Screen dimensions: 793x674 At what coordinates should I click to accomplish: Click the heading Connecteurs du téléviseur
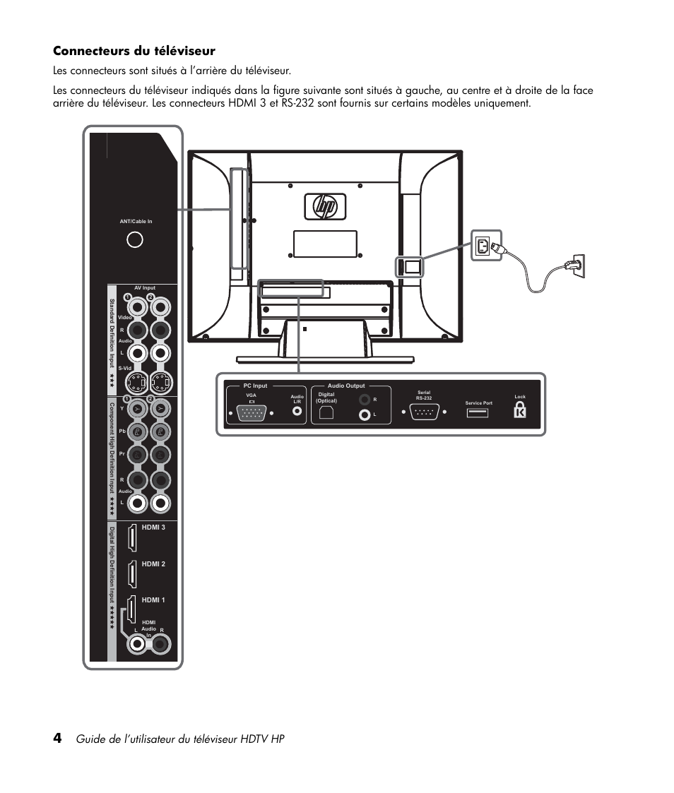tap(134, 51)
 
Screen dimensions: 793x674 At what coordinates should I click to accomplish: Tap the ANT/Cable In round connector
tap(135, 239)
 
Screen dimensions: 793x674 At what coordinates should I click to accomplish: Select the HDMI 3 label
tap(153, 527)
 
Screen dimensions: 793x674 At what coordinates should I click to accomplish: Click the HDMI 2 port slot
tap(131, 574)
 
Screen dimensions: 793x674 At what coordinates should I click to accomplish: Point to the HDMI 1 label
tap(153, 600)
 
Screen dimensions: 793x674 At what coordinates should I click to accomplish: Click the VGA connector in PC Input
tap(252, 414)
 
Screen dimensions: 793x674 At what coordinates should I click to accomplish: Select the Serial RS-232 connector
tap(424, 413)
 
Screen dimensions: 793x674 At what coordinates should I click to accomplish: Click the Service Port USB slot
tap(478, 412)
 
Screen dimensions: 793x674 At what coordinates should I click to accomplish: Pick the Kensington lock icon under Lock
tap(520, 410)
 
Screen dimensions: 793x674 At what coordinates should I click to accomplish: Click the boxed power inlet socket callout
tap(485, 245)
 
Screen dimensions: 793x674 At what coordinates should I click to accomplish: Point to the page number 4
tap(57, 738)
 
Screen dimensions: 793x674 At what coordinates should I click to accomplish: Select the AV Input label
tap(144, 288)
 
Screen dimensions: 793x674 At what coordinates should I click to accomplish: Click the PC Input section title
tap(256, 386)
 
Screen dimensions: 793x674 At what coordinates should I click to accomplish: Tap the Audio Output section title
tap(346, 386)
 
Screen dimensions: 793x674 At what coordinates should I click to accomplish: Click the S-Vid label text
tap(126, 369)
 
